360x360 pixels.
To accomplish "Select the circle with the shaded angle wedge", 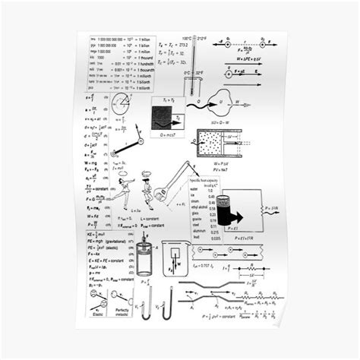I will (121, 104).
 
